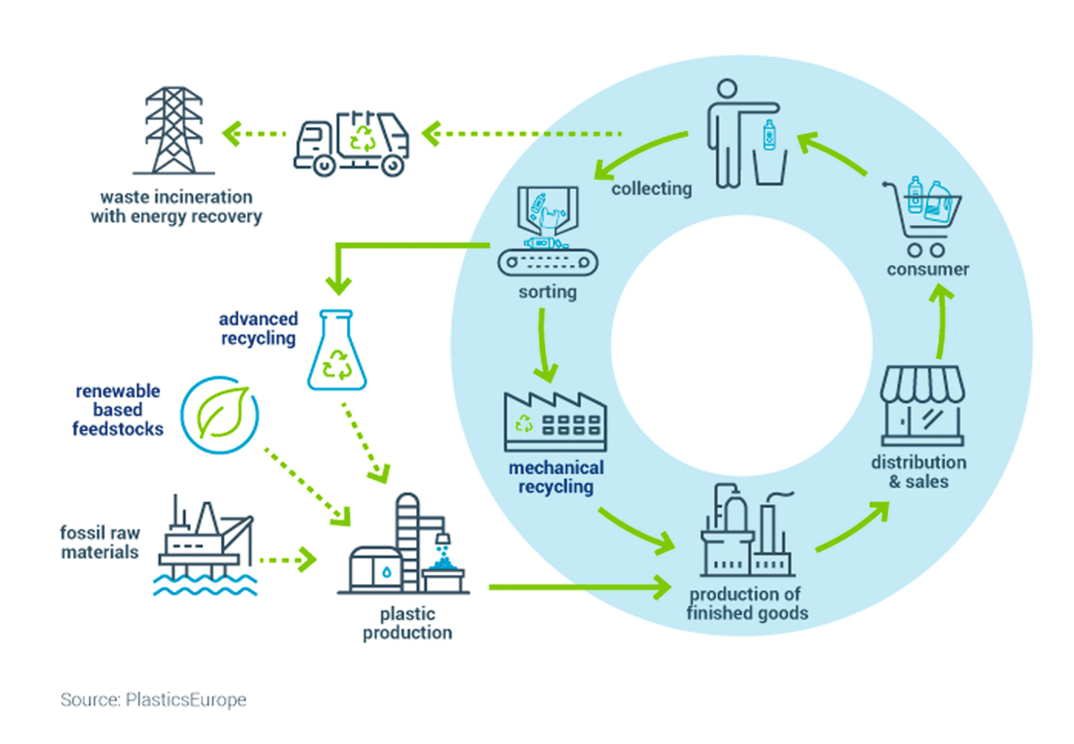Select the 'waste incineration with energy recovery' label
pyautogui.click(x=175, y=207)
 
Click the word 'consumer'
pyautogui.click(x=928, y=269)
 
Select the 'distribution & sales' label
pyautogui.click(x=918, y=472)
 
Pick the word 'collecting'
pyautogui.click(x=652, y=189)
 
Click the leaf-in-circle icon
pyautogui.click(x=219, y=414)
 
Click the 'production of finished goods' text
pyautogui.click(x=747, y=604)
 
